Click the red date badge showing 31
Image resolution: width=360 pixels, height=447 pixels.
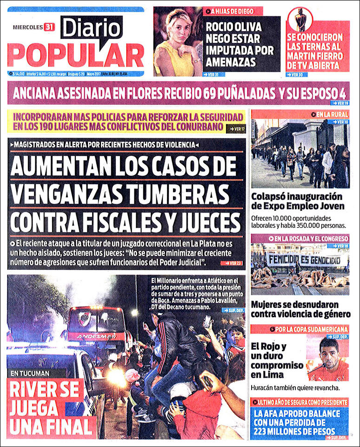point(49,27)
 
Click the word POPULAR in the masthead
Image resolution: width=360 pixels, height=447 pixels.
point(75,55)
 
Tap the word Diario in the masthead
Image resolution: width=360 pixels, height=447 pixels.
point(91,28)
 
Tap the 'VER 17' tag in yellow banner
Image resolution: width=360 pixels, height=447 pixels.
point(236,128)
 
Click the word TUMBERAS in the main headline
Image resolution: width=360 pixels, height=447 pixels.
point(175,193)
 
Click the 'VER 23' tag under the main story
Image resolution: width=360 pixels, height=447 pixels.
point(232,263)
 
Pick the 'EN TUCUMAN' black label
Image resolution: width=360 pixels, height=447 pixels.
point(29,373)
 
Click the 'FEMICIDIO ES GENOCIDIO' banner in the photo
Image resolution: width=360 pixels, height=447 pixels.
point(300,259)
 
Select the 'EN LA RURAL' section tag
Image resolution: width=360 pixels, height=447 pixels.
point(332,114)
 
